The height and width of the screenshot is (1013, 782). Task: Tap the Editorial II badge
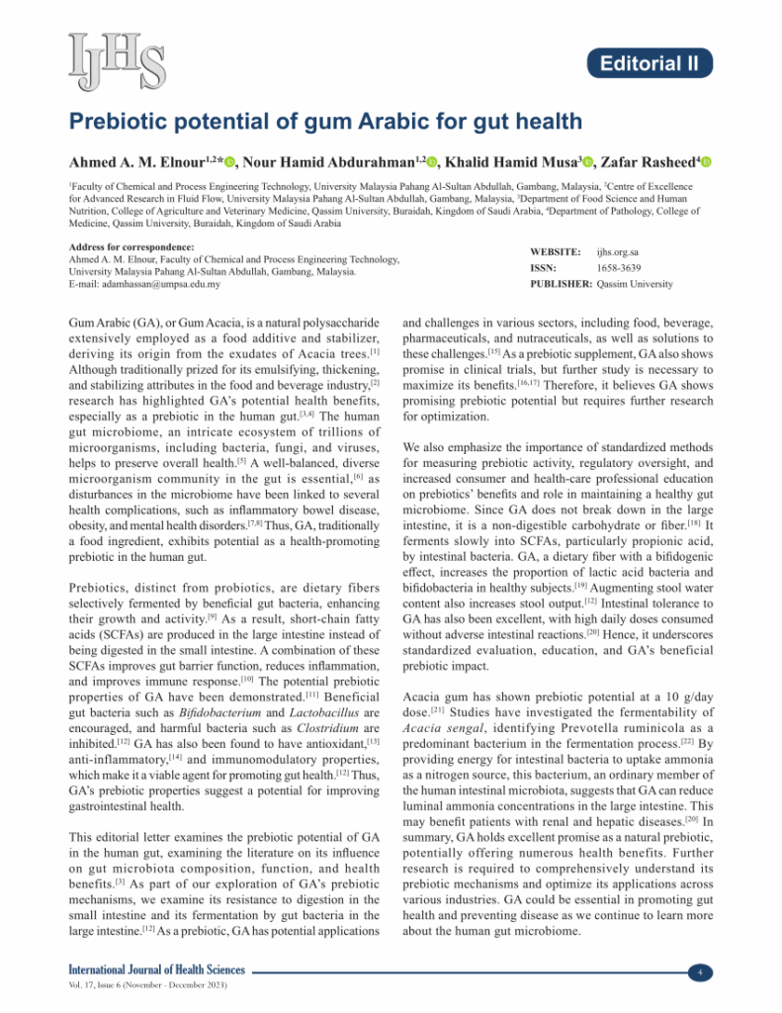tap(654, 64)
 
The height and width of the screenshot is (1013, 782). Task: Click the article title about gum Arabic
tap(325, 122)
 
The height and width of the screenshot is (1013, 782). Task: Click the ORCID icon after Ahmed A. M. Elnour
tap(228, 162)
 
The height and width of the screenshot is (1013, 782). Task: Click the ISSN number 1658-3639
tap(620, 268)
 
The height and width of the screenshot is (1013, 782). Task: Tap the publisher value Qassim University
tap(635, 284)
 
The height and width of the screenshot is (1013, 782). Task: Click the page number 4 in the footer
tap(699, 972)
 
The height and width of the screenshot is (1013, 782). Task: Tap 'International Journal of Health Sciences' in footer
tap(156, 971)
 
